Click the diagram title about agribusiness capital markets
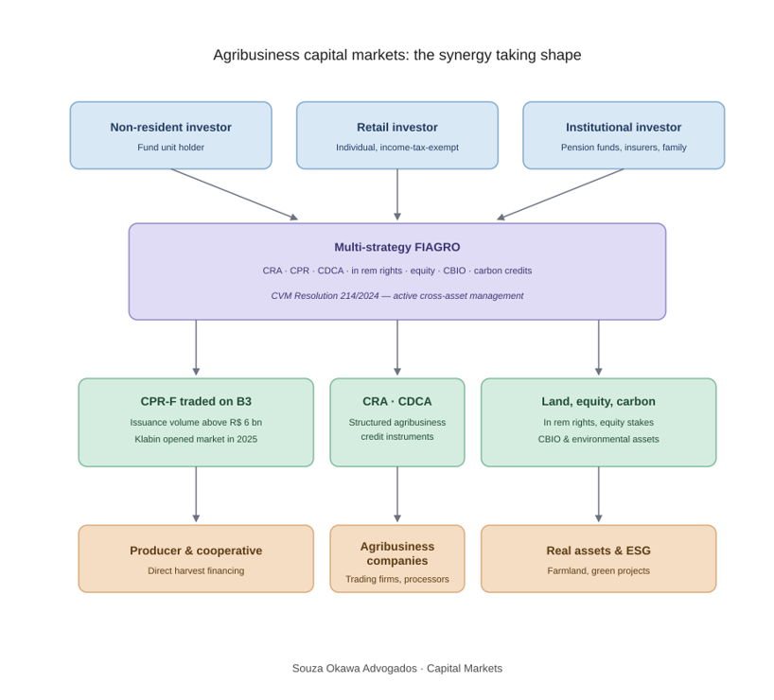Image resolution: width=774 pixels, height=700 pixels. coord(396,55)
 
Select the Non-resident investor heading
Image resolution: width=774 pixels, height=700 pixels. coord(171,128)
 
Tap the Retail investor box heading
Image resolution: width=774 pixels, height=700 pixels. coord(397,128)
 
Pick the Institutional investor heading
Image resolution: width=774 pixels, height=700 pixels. coord(624,128)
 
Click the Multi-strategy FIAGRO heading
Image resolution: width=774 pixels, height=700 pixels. coord(397,247)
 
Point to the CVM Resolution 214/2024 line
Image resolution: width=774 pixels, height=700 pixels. coord(397,296)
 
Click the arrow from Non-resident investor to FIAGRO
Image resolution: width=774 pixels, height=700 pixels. coord(235,194)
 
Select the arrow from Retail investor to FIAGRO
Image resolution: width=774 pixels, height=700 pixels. coord(397,195)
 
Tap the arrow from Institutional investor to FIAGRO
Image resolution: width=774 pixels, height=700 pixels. coord(560,194)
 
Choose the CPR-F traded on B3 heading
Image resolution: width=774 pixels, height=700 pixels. coord(196,401)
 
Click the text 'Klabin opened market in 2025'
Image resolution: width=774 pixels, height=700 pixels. coord(196,439)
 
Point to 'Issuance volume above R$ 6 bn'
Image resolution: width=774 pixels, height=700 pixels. coord(196,423)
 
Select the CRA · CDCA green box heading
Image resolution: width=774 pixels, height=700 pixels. coord(397,401)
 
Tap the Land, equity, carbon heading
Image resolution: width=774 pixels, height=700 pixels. coord(598,401)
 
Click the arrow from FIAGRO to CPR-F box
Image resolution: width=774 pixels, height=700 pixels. coord(196,347)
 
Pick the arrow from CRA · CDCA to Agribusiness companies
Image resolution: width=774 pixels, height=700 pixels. coord(397,494)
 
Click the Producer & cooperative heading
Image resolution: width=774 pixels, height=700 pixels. coord(196,551)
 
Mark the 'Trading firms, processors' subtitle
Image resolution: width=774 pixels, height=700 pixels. coord(397,579)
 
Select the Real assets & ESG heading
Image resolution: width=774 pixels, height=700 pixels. coord(598,551)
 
